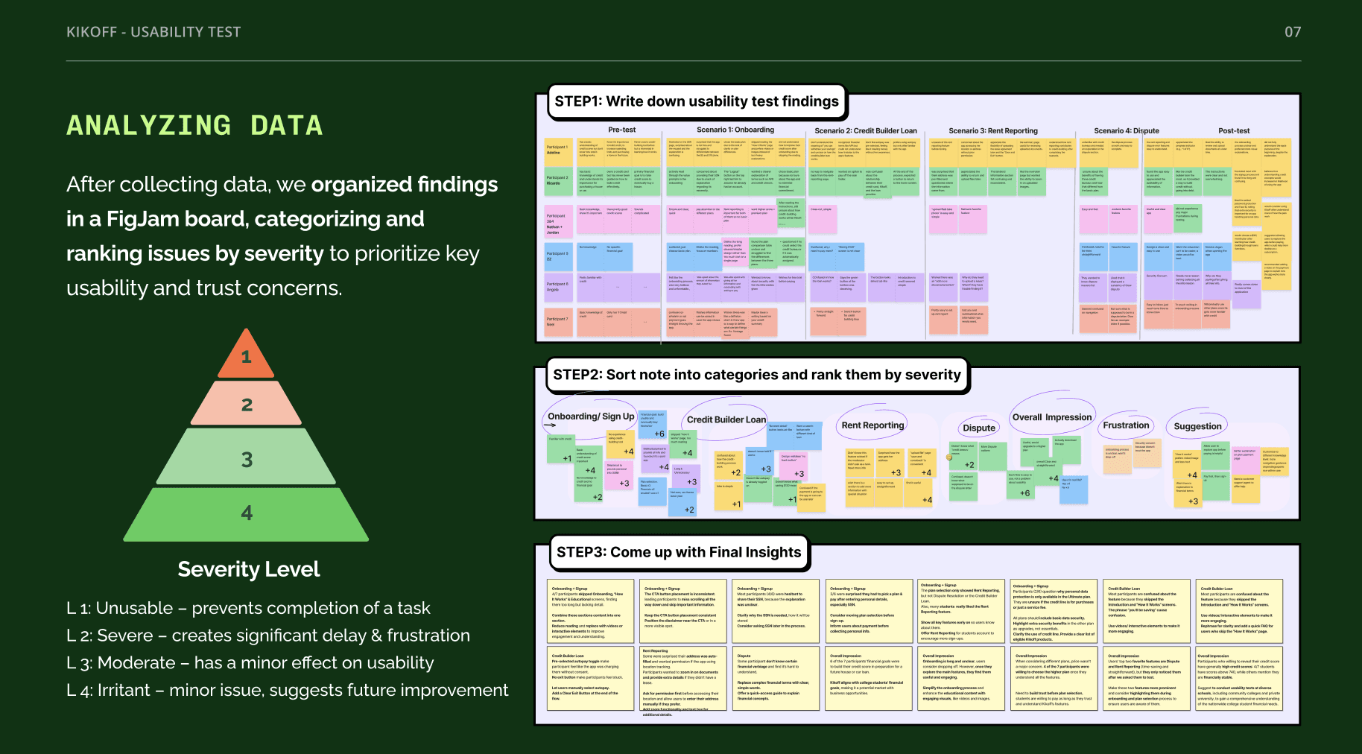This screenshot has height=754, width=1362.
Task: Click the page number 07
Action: point(1293,32)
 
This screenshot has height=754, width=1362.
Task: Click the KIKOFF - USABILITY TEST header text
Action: point(153,32)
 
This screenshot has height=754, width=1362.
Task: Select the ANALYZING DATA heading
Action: point(194,125)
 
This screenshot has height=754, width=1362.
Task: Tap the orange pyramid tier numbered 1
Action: point(247,357)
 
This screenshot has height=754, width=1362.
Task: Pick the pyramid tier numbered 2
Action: point(247,405)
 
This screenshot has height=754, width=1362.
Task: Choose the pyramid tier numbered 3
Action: point(247,459)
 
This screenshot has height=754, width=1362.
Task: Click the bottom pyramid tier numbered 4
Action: point(247,513)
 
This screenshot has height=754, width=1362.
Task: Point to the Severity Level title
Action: point(248,569)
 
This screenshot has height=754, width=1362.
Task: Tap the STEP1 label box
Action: point(697,101)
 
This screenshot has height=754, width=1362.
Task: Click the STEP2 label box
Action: point(756,375)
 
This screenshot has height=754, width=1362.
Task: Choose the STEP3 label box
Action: point(678,552)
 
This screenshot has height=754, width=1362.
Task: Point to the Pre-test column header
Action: point(621,130)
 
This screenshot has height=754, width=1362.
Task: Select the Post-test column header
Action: point(1234,130)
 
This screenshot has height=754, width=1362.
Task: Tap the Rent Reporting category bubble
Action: point(872,425)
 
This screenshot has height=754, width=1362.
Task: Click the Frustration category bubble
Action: point(1126,425)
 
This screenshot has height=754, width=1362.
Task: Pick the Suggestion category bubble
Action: point(1197,426)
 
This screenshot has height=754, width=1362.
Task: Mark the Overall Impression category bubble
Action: point(1051,417)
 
